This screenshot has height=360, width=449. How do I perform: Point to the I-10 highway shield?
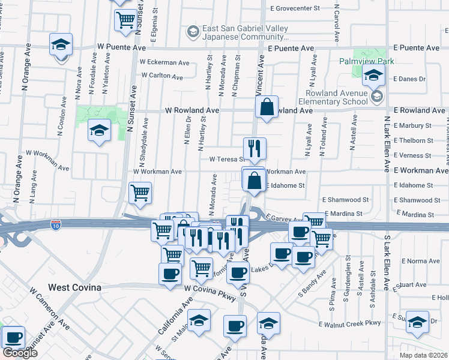(56, 225)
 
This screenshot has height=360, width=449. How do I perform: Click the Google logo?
(20, 353)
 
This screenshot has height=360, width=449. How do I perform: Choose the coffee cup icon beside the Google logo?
(13, 337)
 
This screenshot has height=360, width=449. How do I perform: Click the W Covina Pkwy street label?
(208, 289)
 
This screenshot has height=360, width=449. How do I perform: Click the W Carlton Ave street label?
(162, 76)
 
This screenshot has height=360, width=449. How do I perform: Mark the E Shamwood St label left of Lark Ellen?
(345, 199)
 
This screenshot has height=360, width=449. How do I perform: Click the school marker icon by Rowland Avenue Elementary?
(377, 96)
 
